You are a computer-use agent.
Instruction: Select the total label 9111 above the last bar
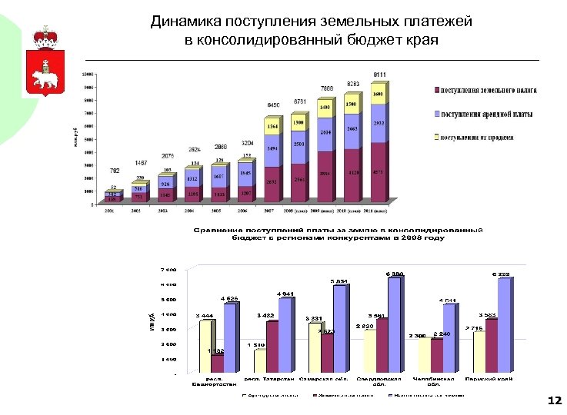click(x=380, y=75)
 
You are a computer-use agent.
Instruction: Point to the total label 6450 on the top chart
click(x=274, y=105)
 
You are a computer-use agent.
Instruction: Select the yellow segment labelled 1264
click(x=272, y=126)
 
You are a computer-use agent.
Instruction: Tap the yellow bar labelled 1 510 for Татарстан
click(x=259, y=362)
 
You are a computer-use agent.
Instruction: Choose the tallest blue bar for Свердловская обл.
click(x=394, y=327)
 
